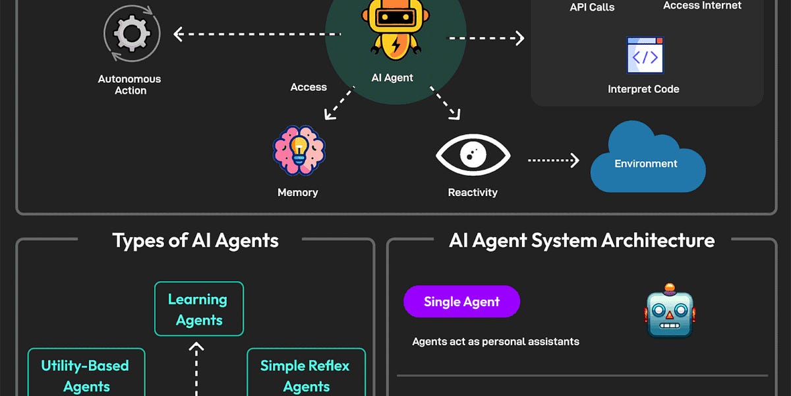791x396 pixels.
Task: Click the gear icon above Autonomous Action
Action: (x=132, y=33)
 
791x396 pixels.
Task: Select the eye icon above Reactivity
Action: (x=473, y=156)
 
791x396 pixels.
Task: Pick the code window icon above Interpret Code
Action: (x=644, y=55)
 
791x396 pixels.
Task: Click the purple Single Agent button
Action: (x=461, y=302)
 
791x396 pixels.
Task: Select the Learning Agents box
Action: (x=198, y=309)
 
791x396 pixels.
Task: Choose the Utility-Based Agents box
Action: (x=86, y=374)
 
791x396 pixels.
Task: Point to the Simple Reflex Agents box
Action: (x=305, y=374)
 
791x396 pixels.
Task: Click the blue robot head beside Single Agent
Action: (x=669, y=310)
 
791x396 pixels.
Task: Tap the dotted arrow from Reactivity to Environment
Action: (x=553, y=160)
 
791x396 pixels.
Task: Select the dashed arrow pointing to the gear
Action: (x=257, y=34)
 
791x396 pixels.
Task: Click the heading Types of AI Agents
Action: (x=195, y=240)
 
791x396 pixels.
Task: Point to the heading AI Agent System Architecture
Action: (x=581, y=240)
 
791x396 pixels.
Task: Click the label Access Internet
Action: (x=702, y=6)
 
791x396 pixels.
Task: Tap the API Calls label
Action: (x=592, y=8)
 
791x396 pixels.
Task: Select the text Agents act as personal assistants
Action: (x=495, y=341)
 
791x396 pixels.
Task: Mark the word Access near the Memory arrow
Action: (x=308, y=87)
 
